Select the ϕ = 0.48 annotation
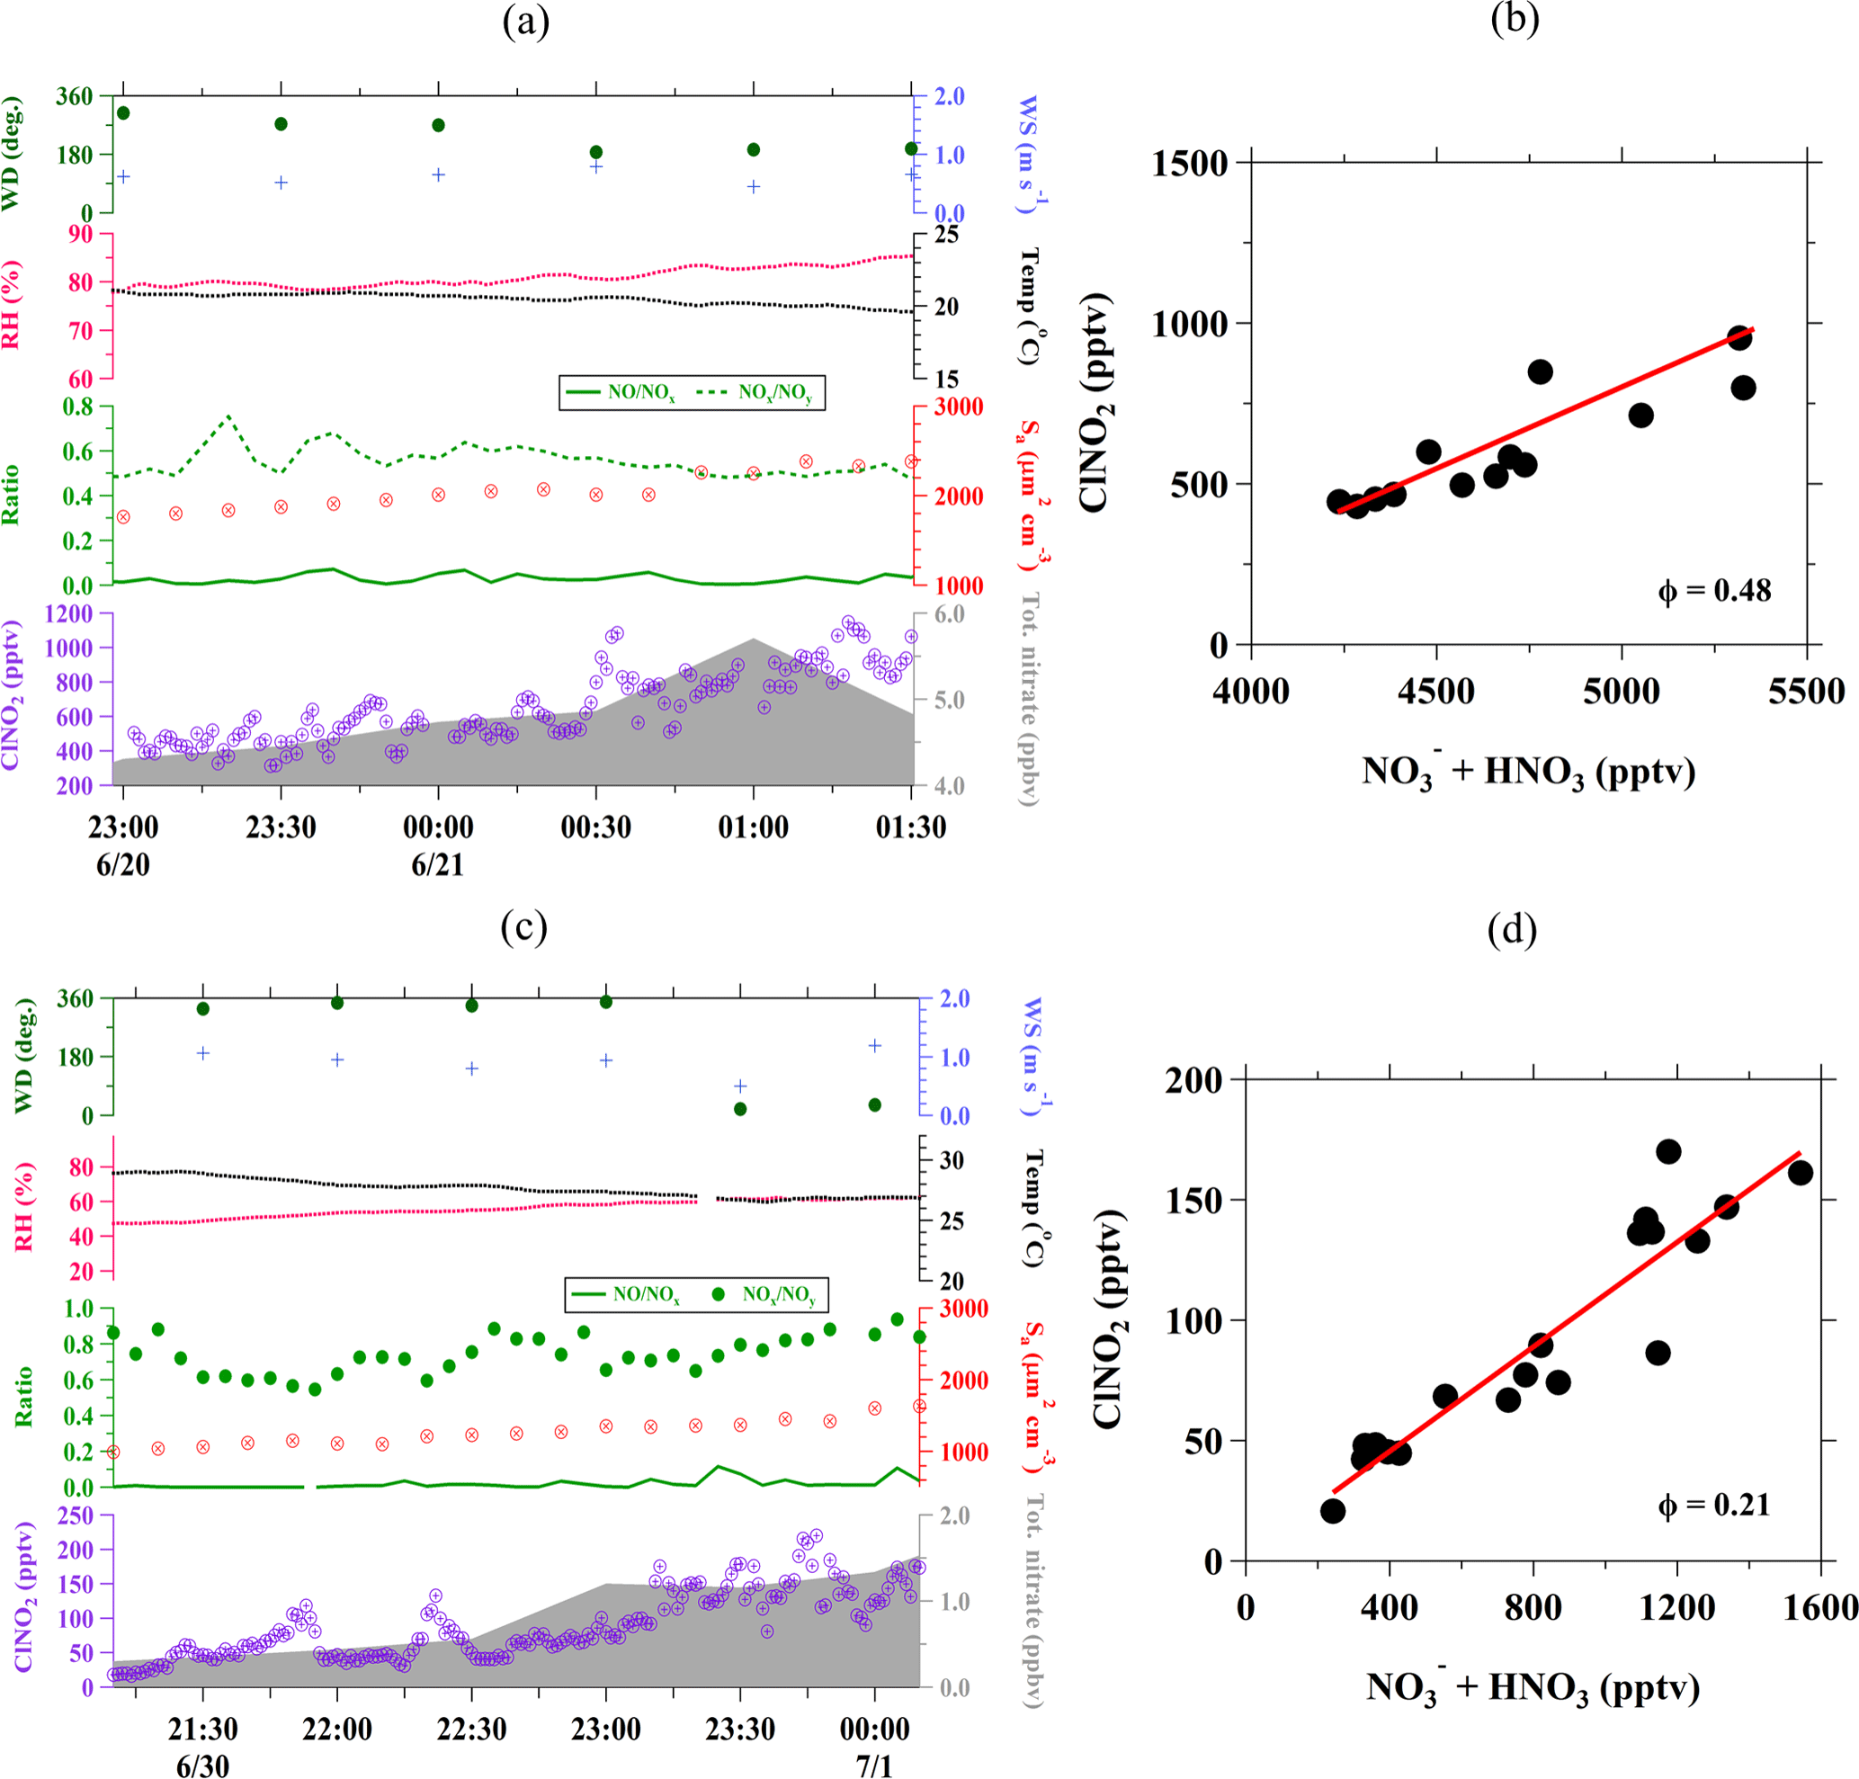click(x=1714, y=592)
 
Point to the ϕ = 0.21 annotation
click(x=1714, y=1505)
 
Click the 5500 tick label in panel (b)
click(x=1806, y=692)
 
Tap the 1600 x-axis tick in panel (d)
click(x=1819, y=1607)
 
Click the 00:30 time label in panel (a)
click(x=595, y=827)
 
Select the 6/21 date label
click(x=437, y=865)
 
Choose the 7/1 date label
click(x=874, y=1766)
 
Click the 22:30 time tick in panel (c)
click(x=471, y=1729)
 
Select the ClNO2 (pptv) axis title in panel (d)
click(x=1108, y=1319)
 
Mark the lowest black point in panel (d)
click(x=1333, y=1511)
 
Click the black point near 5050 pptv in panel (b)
click(x=1640, y=416)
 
